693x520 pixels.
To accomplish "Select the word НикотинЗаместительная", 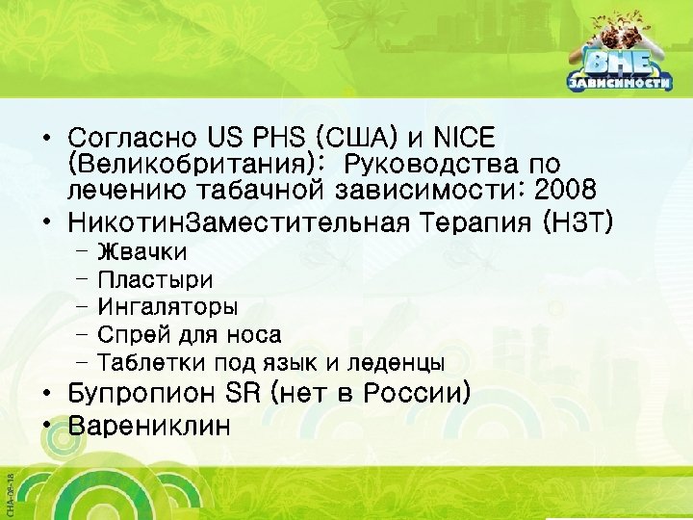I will tap(241, 223).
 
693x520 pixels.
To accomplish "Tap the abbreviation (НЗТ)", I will tap(577, 223).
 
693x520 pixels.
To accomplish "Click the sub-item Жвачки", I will tap(142, 252).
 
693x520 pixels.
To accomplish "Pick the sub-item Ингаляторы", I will tap(168, 307).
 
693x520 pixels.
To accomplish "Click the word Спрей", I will tap(132, 335).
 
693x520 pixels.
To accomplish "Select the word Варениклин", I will tap(149, 425).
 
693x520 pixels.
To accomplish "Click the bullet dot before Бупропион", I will tap(46, 395).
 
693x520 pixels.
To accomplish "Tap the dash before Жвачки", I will tap(78, 252).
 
